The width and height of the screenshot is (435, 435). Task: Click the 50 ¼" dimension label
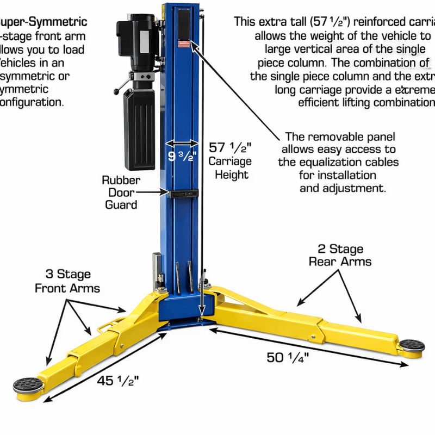(x=288, y=358)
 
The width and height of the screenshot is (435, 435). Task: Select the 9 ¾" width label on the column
(x=182, y=156)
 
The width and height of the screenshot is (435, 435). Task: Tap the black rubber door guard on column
(x=182, y=193)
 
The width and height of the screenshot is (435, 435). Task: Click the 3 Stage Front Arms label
(x=67, y=281)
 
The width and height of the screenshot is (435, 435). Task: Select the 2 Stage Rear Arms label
(x=340, y=255)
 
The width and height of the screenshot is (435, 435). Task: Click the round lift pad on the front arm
(x=28, y=385)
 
